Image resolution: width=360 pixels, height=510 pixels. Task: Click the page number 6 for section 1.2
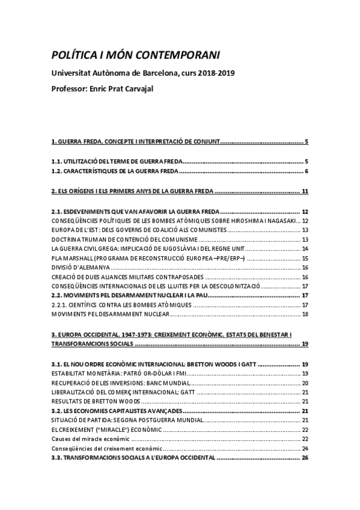(306, 172)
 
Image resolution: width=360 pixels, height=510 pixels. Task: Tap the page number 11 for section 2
(305, 192)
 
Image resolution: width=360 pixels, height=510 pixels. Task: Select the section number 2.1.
(58, 212)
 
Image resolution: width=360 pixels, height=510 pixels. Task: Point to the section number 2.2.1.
(61, 304)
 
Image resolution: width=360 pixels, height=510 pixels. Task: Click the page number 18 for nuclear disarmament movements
(305, 314)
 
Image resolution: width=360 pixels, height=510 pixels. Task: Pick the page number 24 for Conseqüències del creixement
(305, 448)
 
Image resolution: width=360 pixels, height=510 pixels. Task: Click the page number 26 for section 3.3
(305, 457)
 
